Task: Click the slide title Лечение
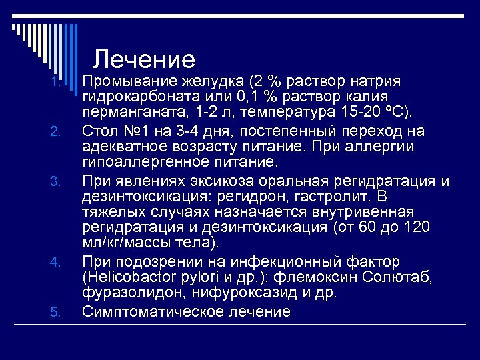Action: pos(144,60)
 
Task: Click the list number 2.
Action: pos(56,131)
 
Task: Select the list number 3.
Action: pos(56,181)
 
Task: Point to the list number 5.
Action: pos(56,311)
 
